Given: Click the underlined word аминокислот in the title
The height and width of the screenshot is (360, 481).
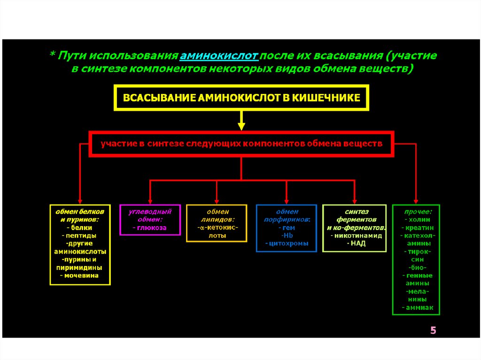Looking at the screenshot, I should point(219,56).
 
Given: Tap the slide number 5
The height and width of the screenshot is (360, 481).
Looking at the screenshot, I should point(433,331).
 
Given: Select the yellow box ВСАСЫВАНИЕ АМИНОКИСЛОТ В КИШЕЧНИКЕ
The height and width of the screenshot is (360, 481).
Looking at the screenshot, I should point(241,98).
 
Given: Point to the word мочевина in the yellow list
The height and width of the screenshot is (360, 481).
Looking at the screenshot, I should point(81,276).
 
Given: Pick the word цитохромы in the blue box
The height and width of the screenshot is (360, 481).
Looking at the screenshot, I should point(287,243).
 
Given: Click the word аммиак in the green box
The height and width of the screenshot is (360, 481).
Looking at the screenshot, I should point(416,307).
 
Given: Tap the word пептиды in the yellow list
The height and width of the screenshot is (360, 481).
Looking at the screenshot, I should point(80,235).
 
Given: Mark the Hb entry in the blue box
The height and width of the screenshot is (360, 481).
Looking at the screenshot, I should point(287,235).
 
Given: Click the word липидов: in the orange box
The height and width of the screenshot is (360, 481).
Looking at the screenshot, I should point(217,219).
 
